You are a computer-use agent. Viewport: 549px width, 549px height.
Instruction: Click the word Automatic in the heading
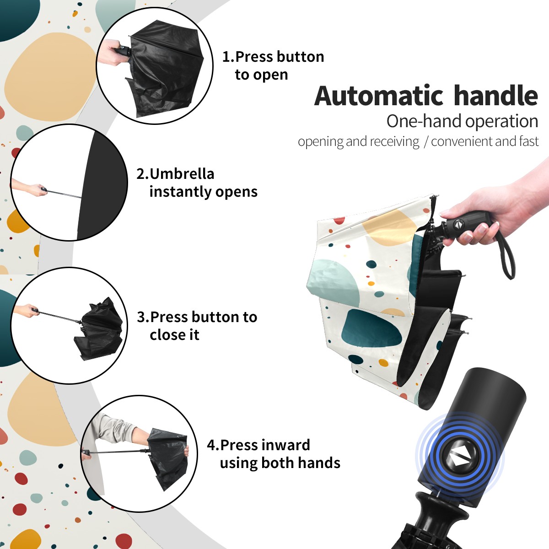click(x=379, y=96)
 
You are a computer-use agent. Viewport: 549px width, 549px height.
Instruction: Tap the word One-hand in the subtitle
click(x=425, y=121)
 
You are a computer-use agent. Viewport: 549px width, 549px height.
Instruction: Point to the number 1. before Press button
click(x=228, y=57)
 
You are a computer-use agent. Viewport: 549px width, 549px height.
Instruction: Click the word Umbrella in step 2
click(x=182, y=174)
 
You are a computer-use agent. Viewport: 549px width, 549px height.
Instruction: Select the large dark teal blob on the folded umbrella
click(x=371, y=328)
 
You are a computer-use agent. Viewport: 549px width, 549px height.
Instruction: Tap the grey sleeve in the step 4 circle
click(x=114, y=428)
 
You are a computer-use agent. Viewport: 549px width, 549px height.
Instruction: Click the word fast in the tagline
click(x=530, y=141)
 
